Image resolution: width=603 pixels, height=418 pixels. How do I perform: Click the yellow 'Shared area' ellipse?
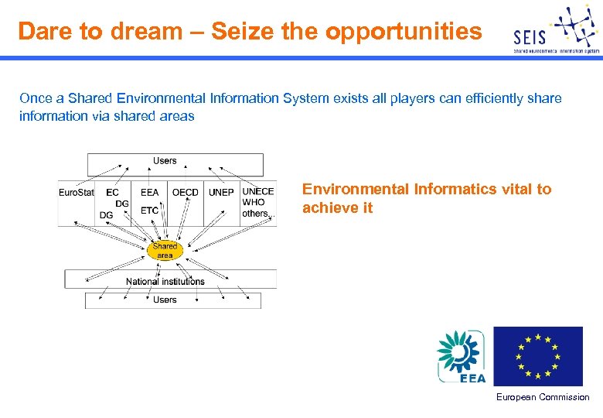[165, 250]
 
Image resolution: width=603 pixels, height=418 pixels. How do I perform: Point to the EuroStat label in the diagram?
[77, 192]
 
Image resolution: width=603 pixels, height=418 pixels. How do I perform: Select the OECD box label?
[185, 192]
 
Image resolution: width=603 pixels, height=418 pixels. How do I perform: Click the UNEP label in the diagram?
[221, 192]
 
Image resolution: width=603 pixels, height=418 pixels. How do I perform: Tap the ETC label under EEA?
[149, 210]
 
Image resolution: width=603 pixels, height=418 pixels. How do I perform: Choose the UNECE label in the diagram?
[257, 191]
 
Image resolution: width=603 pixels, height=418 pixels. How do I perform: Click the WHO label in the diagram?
[253, 202]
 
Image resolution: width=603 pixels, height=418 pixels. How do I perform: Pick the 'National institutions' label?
[165, 281]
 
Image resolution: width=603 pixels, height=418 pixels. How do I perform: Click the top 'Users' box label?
[165, 161]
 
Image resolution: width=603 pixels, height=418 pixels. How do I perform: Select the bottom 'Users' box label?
[165, 300]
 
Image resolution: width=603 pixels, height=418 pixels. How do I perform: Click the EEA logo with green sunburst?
[462, 356]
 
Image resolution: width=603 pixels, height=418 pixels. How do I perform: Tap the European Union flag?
[538, 356]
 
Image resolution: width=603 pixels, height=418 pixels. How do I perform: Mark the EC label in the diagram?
[113, 192]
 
